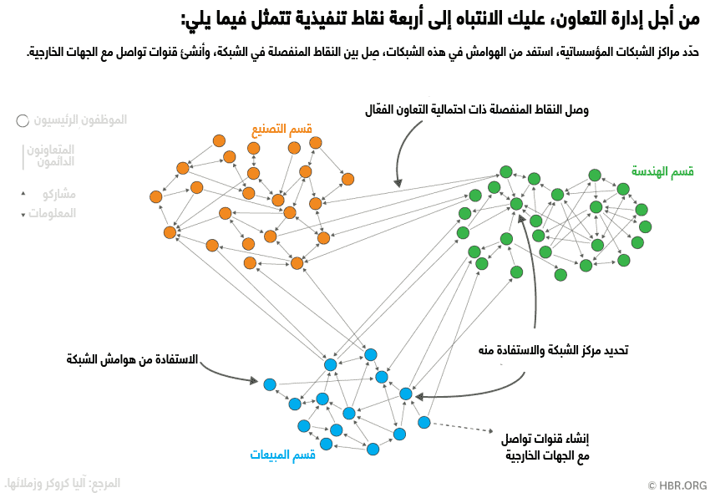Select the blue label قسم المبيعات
point(282,455)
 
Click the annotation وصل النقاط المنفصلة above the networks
point(477,109)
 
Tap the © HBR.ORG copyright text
point(677,485)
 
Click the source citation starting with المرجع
point(63,483)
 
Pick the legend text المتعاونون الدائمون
point(52,155)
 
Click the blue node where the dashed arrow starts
point(424,422)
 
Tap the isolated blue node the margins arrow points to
point(270,384)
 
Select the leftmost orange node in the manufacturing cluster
point(155,197)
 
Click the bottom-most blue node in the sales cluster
point(373,450)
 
